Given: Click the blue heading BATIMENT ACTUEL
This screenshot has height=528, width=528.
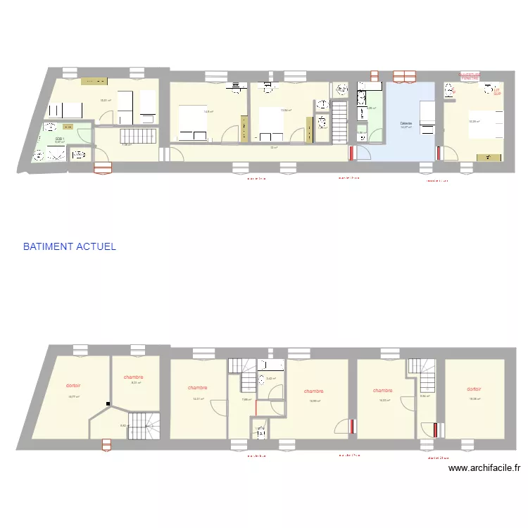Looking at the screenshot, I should click(69, 247).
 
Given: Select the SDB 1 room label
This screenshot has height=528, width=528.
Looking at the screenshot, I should click(60, 139).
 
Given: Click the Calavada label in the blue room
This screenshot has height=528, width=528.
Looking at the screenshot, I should click(406, 123).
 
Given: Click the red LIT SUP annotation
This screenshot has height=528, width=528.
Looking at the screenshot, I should click(496, 92).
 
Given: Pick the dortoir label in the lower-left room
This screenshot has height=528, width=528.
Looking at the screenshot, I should click(73, 386).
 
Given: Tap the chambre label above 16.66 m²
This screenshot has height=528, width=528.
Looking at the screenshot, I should click(314, 391).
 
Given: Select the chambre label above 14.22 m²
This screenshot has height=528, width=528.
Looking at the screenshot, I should click(383, 390).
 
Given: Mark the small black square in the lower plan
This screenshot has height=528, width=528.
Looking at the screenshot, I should click(108, 404).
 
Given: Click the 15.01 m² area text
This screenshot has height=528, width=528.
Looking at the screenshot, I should click(106, 100).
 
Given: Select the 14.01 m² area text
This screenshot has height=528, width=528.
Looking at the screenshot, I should click(198, 399).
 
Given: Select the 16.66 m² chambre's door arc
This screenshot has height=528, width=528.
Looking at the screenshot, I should click(345, 426).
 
